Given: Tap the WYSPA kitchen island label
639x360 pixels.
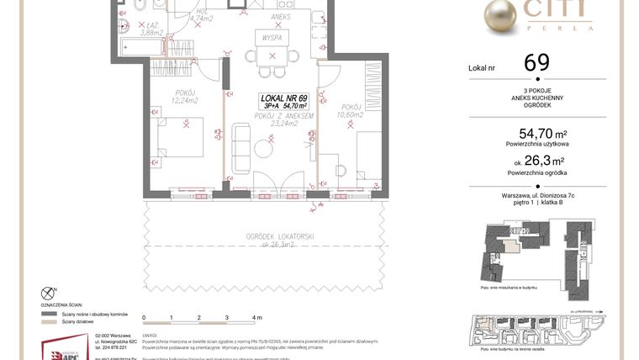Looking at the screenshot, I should pos(272,39).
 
